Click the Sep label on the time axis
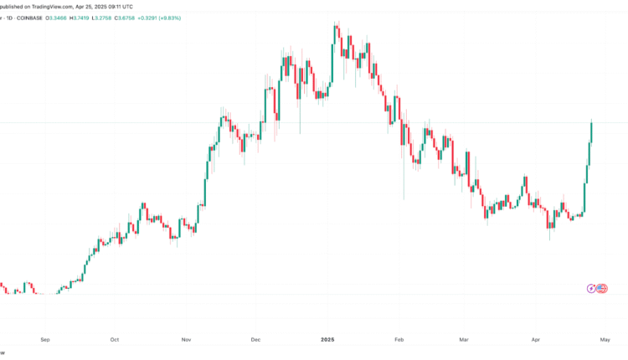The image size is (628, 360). [x=45, y=340]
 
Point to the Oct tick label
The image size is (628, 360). [x=115, y=340]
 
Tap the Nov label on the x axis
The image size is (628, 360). [x=187, y=340]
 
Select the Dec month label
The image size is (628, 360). [x=256, y=340]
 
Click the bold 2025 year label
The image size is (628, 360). [x=327, y=340]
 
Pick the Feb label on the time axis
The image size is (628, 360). [x=399, y=340]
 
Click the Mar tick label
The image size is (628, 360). [x=465, y=340]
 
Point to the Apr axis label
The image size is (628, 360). [x=536, y=340]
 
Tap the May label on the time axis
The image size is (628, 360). [x=606, y=340]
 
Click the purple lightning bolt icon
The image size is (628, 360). [x=592, y=289]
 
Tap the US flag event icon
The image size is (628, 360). [x=600, y=289]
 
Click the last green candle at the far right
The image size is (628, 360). [x=591, y=132]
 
